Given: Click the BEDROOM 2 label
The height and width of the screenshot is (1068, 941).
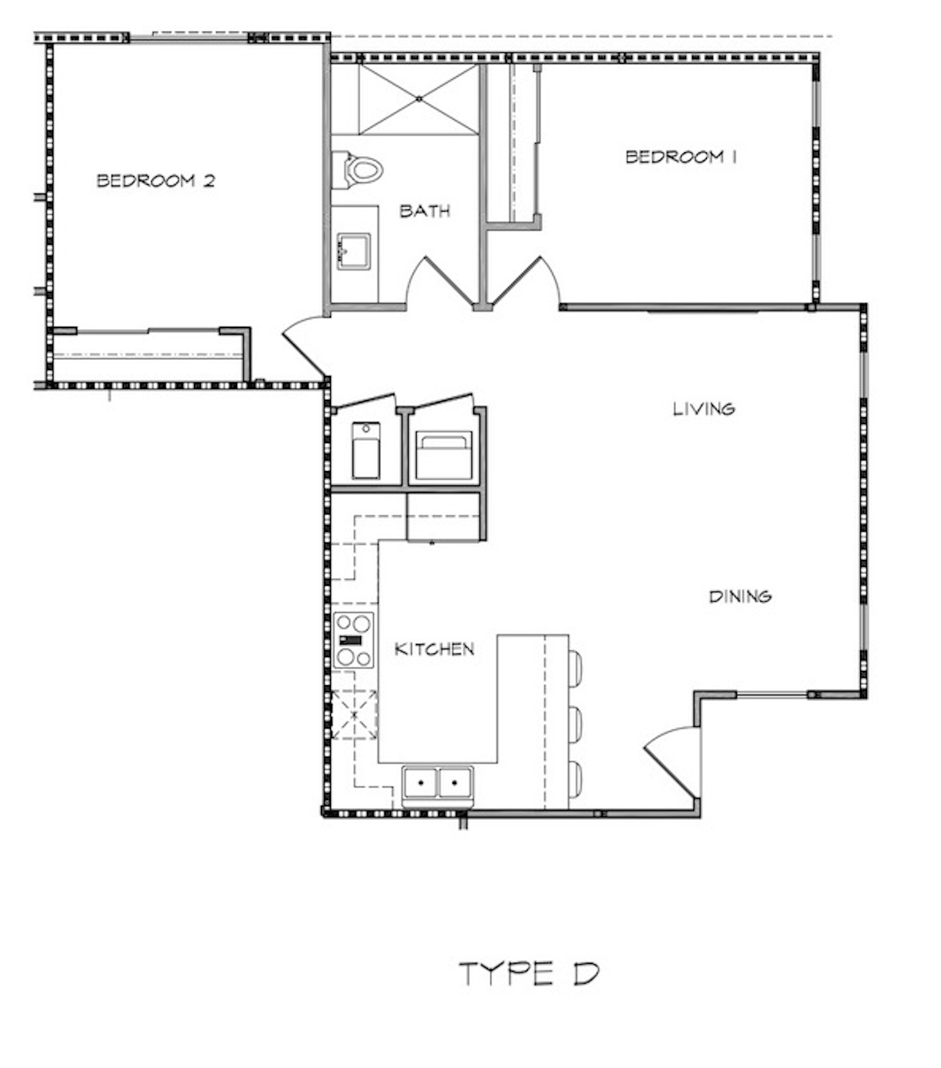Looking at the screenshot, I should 155,181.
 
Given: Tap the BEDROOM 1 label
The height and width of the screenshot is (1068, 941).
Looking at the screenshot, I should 680,157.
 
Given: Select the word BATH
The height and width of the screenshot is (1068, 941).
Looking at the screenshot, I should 425,211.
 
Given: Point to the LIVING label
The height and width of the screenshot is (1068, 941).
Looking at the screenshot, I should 703,409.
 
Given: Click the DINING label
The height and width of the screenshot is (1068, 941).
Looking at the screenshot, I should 740,597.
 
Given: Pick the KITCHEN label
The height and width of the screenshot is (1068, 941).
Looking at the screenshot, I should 434,649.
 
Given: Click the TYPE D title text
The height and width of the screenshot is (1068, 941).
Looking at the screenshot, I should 529,974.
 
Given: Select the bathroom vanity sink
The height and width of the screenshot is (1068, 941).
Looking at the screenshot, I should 354,252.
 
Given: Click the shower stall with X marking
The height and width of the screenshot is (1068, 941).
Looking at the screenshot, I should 419,99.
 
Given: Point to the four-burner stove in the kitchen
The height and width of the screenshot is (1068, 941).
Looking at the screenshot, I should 353,640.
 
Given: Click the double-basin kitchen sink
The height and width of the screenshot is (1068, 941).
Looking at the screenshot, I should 438,783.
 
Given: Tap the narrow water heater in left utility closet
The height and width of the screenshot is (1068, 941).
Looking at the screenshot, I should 366,451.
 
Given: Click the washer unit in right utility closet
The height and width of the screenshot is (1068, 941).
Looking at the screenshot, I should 444,456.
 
